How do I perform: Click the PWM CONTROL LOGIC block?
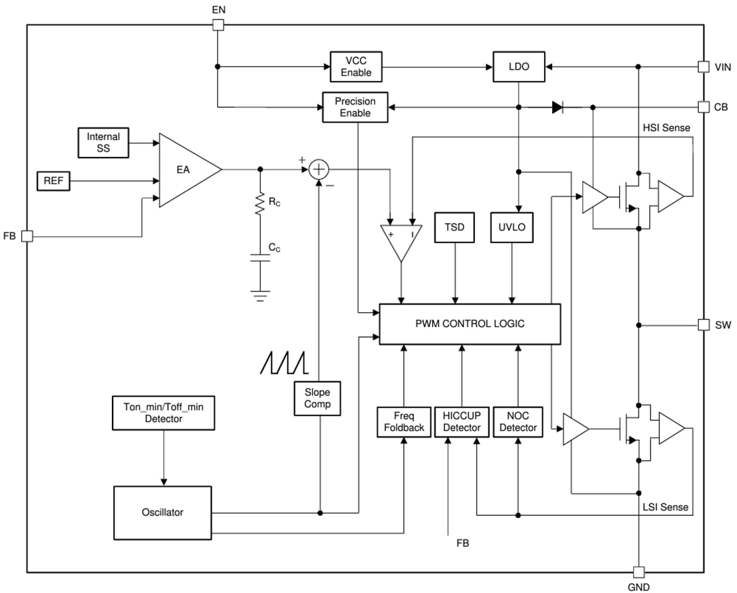pos(469,324)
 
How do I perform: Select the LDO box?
pos(518,67)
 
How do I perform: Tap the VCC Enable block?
pos(356,66)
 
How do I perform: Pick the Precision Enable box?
pos(355,107)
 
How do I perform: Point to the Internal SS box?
pos(103,142)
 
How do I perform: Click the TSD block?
pos(456,228)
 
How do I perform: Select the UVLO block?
pos(513,228)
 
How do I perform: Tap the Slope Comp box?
pos(318,399)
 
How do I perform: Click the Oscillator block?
pos(163,513)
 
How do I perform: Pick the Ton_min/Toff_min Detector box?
pos(163,413)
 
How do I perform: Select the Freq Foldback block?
pos(404,422)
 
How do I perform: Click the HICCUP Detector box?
pos(462,422)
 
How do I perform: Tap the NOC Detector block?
pos(518,422)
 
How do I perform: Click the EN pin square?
pos(218,25)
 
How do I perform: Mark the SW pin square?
pos(703,325)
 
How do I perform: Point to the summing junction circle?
pos(320,170)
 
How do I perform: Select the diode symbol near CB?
pos(557,107)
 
